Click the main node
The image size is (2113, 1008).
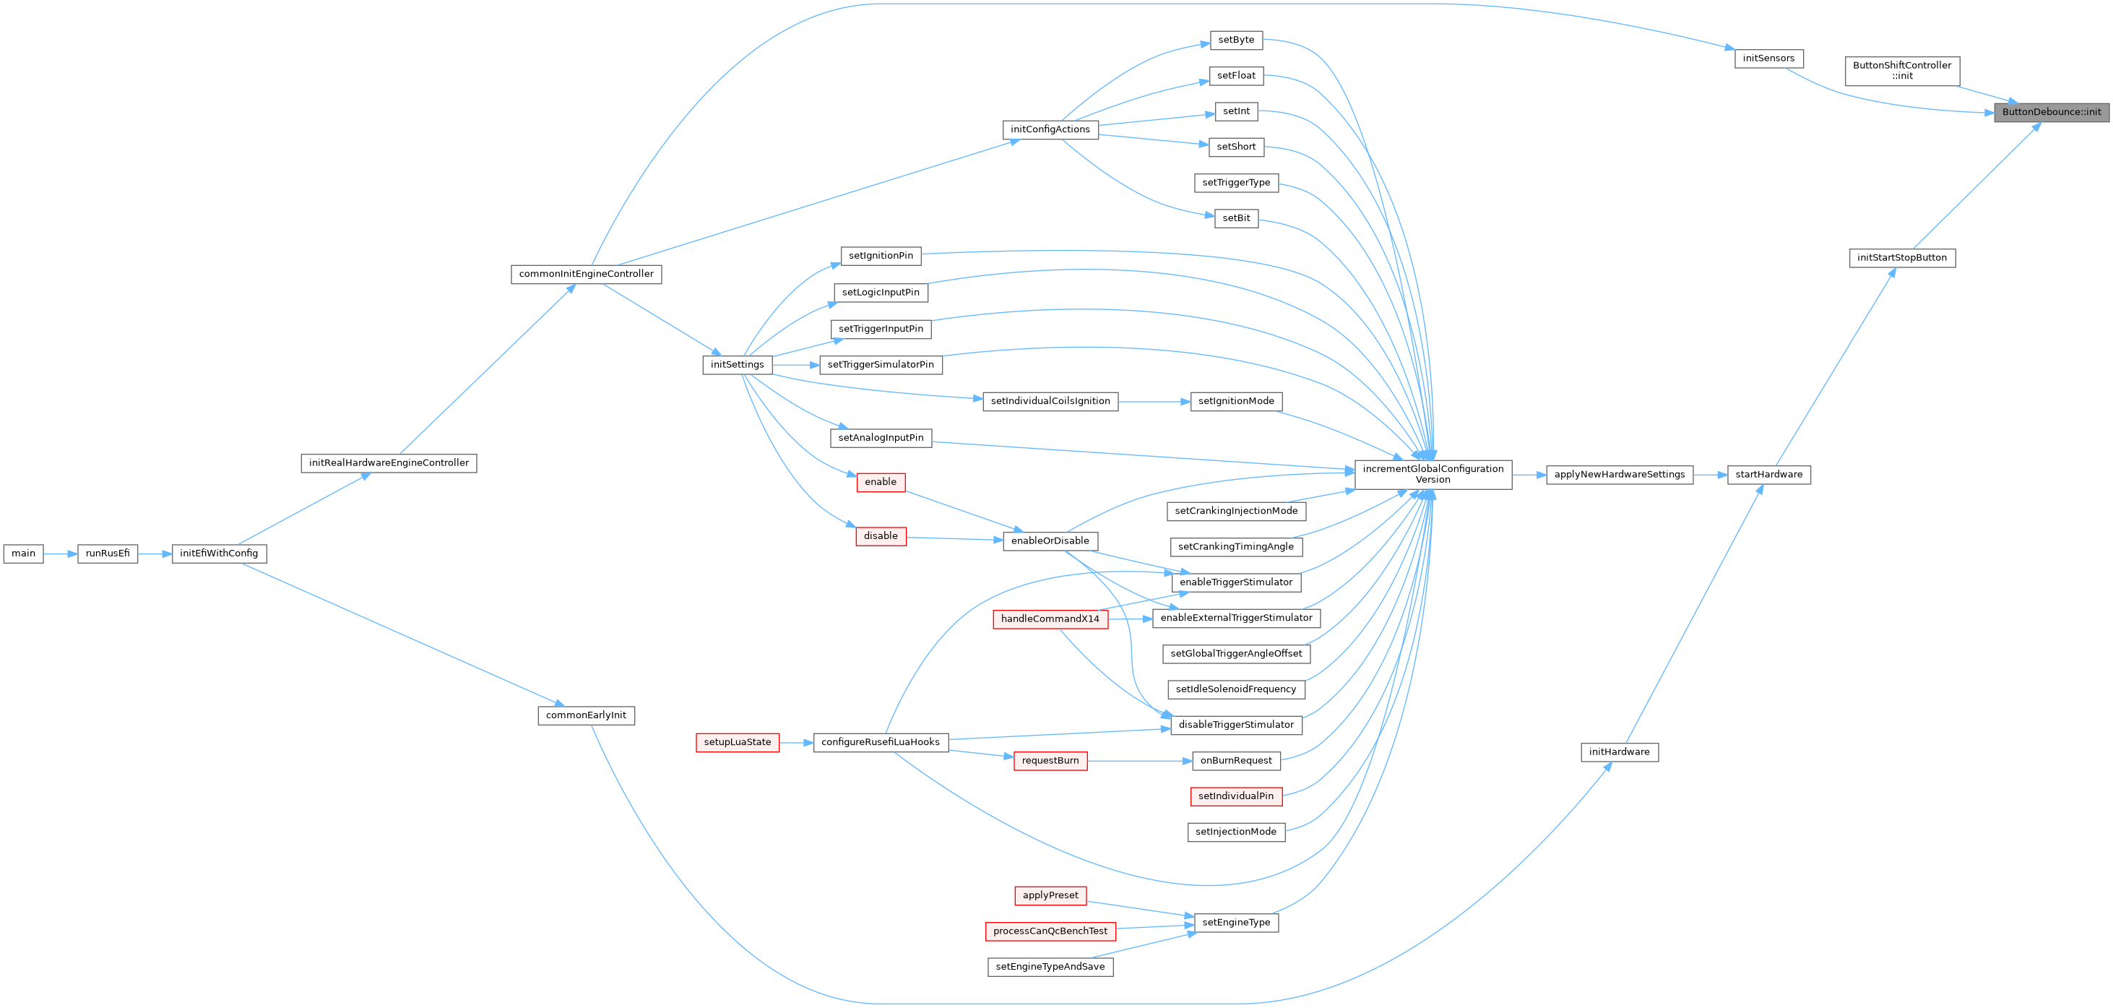[23, 553]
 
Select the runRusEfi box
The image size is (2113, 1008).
[108, 553]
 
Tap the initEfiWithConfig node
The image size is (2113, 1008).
[219, 553]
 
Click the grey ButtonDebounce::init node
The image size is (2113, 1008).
[2051, 113]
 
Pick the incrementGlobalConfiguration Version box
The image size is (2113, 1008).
[1433, 474]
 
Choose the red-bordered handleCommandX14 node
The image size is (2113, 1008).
[1050, 619]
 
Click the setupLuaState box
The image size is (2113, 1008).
[738, 742]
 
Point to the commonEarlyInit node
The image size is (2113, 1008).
[586, 715]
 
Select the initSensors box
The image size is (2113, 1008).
[1768, 59]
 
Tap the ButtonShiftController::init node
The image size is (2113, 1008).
[1902, 71]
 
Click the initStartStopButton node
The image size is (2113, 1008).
[1901, 257]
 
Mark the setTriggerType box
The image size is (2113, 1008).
[1236, 183]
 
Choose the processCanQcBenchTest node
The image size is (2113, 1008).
[1050, 931]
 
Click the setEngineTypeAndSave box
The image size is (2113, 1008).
[1050, 967]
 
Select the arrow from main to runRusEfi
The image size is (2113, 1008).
[60, 553]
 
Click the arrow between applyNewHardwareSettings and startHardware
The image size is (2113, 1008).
[1709, 475]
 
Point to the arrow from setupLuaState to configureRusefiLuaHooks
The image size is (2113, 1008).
[795, 743]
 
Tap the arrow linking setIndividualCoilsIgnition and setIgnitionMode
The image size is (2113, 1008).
[1153, 402]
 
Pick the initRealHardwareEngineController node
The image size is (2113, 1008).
[389, 463]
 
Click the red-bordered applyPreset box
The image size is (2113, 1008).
[1050, 895]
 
